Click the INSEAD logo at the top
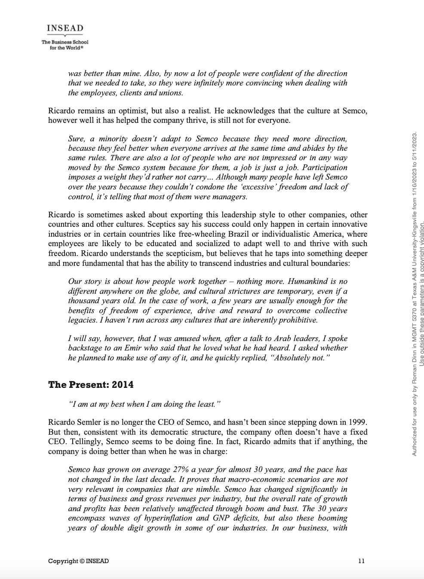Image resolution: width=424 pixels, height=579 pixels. (x=65, y=29)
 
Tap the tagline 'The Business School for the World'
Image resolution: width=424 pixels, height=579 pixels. (x=65, y=45)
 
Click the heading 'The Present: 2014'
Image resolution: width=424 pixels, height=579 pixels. (x=91, y=384)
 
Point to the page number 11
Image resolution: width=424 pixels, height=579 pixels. (x=361, y=561)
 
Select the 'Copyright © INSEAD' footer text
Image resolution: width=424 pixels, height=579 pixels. (x=78, y=561)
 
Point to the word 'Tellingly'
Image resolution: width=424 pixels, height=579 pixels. (x=65, y=442)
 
